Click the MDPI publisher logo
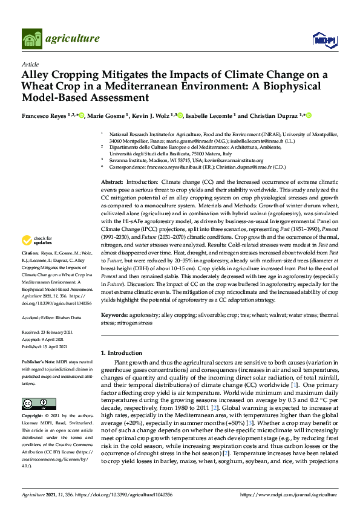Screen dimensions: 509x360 pyautogui.click(x=324, y=39)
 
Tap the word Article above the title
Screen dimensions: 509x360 pyautogui.click(x=30, y=64)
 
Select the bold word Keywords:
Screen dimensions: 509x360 pyautogui.click(x=115, y=315)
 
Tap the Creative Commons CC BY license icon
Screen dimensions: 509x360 pyautogui.click(x=39, y=403)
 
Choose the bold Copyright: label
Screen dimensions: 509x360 pyautogui.click(x=33, y=417)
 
